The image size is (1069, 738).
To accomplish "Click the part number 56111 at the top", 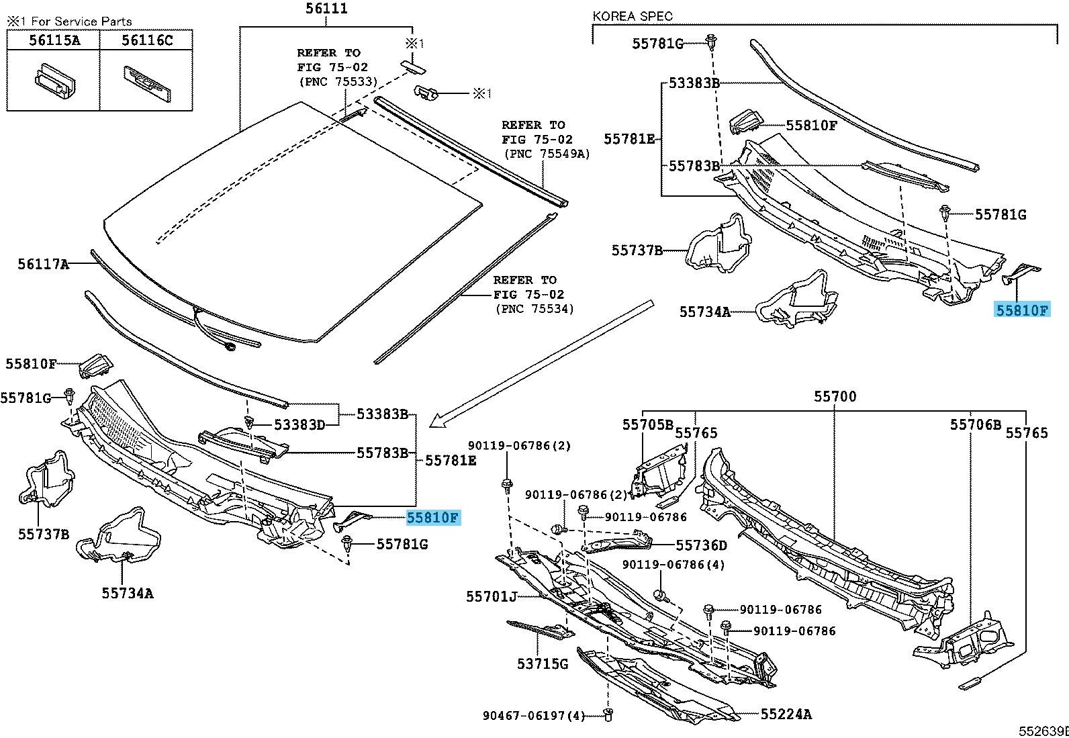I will (326, 9).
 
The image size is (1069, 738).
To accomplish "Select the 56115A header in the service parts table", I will (54, 40).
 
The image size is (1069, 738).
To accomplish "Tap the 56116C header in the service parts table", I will (147, 40).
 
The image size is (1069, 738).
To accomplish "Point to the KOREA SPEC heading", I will (632, 16).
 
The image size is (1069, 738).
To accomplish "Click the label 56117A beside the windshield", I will (43, 265).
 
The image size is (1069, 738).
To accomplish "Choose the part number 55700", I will (835, 397).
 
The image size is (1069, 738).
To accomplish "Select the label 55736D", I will (701, 546).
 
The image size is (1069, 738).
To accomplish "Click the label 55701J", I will (492, 596).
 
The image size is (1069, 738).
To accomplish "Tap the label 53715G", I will (543, 664).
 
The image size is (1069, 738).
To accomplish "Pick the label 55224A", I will (786, 714).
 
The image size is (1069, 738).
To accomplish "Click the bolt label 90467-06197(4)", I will (534, 716).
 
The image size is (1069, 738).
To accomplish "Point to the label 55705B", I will (647, 424).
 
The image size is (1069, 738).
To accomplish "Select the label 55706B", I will (975, 424).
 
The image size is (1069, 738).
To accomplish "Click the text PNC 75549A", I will (546, 154).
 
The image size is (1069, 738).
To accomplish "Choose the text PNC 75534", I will (534, 309).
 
